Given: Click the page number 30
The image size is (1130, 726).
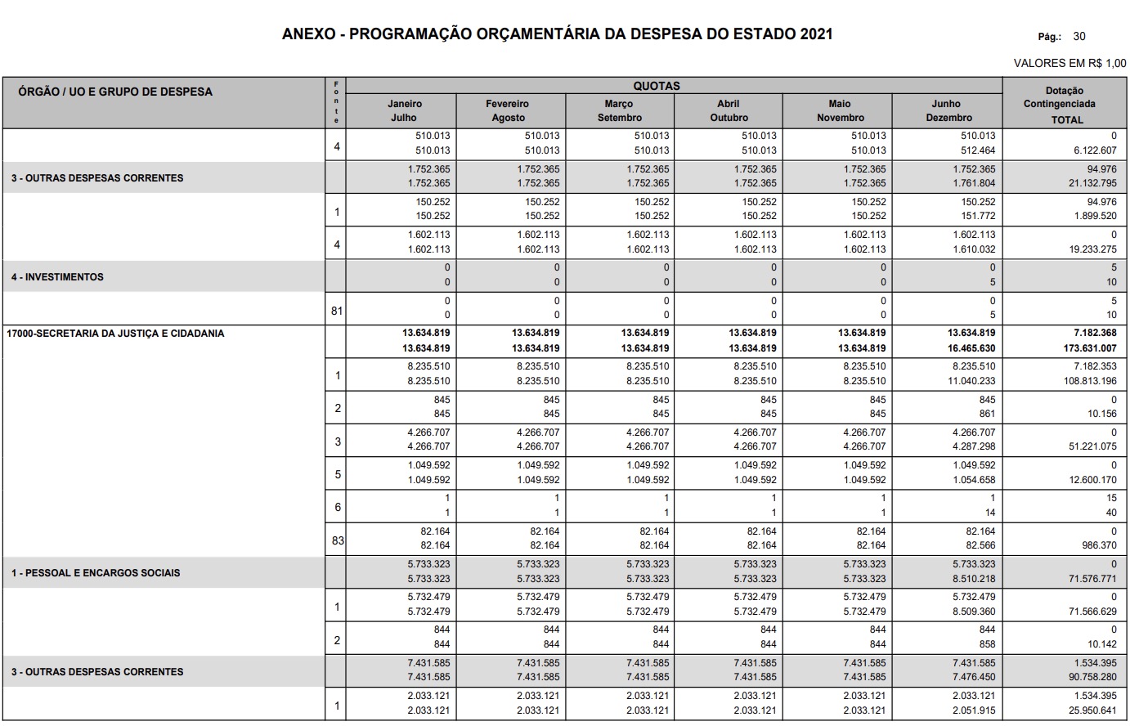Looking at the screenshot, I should coord(1079,36).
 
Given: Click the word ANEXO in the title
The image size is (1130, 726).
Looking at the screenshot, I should coord(307,34).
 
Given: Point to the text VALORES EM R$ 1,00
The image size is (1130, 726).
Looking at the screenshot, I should coord(1069,64).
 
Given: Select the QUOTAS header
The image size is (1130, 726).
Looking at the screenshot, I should coord(657,86).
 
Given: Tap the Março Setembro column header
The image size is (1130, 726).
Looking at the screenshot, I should coord(620,110).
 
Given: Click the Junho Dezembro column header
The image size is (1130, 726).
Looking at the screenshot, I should coord(948,110).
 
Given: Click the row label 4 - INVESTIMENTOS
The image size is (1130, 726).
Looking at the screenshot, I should coord(58,277).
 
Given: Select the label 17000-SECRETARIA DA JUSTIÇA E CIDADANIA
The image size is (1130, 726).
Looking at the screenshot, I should coord(115,334).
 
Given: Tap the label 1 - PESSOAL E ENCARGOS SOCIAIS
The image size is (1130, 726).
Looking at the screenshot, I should coord(96,573).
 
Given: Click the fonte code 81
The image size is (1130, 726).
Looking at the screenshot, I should coord(337,311).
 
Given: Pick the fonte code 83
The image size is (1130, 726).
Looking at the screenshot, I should coord(337,540).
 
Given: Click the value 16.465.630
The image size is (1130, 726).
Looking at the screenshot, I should coord(971,348).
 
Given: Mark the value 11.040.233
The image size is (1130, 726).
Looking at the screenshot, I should coord(971,381).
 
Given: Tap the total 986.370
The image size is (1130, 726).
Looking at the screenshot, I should coord(1098,545).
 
